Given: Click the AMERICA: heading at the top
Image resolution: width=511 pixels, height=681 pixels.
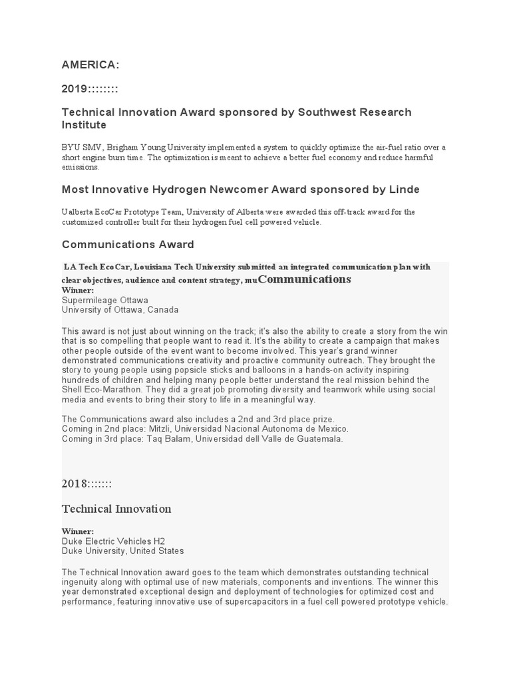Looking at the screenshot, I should click(x=90, y=65).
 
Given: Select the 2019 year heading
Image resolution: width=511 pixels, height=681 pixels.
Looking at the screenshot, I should click(x=90, y=88).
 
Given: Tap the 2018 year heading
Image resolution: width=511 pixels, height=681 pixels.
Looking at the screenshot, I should click(x=86, y=483).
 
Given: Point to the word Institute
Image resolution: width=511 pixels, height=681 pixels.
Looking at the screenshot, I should click(x=84, y=124).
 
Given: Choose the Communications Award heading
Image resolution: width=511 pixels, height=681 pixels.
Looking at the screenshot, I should click(x=128, y=245).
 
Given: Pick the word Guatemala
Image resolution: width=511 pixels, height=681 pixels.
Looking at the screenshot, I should click(x=320, y=439).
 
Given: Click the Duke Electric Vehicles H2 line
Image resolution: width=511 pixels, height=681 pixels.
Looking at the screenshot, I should click(x=113, y=541).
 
